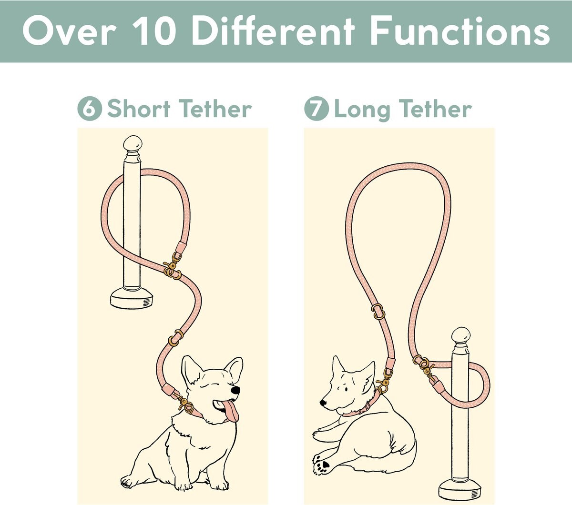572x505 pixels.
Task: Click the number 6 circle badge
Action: tap(90, 109)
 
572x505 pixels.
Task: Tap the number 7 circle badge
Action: tap(317, 109)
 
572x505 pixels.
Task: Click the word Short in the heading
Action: tap(139, 109)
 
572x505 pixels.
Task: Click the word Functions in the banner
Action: tap(460, 31)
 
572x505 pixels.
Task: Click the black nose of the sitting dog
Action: tap(235, 390)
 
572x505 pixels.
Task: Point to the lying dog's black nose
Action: tap(323, 403)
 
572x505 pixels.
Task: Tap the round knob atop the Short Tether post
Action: tap(133, 144)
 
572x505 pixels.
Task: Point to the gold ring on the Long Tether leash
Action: tap(378, 311)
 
